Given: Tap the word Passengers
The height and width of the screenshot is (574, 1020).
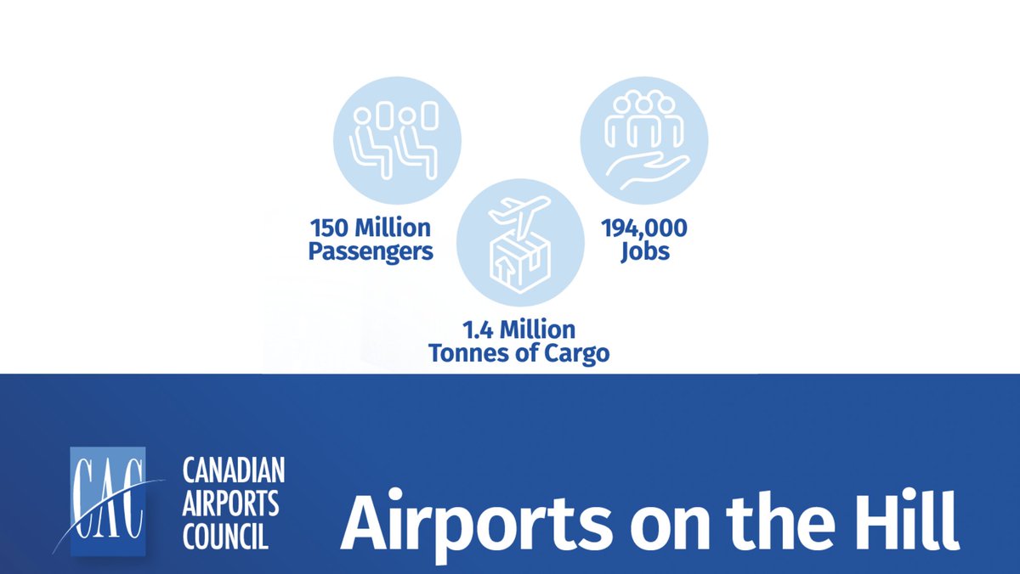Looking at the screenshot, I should [370, 252].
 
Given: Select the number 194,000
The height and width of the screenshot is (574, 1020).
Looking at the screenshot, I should [643, 228].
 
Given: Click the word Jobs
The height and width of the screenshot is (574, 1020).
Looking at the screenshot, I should [643, 252].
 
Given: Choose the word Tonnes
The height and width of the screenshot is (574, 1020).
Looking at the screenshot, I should [473, 353].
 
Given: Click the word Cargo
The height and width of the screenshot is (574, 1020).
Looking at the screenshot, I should [577, 353].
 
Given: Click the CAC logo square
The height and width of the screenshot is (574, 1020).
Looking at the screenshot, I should [108, 501].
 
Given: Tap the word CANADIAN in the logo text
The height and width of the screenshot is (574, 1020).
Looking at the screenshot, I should [234, 470].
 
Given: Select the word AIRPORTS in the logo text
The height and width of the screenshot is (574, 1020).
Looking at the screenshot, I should [230, 504].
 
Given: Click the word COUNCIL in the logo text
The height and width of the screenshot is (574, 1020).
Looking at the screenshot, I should [225, 537].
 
